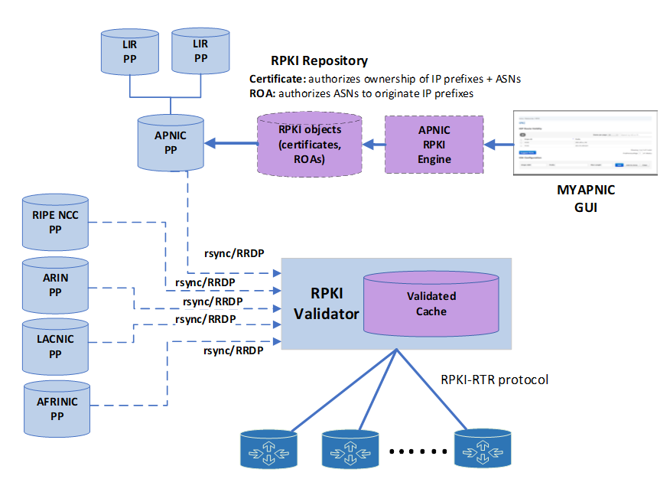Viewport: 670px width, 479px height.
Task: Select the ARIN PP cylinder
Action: coord(54,285)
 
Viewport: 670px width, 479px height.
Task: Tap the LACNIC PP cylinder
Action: coord(54,347)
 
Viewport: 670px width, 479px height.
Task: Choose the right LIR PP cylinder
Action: coord(200,52)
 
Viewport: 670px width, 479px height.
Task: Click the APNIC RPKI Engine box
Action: coord(435,145)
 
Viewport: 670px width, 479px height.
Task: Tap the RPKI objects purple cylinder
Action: coord(310,145)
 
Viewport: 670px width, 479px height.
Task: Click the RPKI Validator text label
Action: coord(324,304)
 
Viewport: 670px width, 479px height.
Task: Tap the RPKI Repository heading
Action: coord(319,60)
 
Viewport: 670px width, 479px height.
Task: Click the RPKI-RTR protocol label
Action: coord(494,380)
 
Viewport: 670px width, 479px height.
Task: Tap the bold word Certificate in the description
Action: coord(277,79)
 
